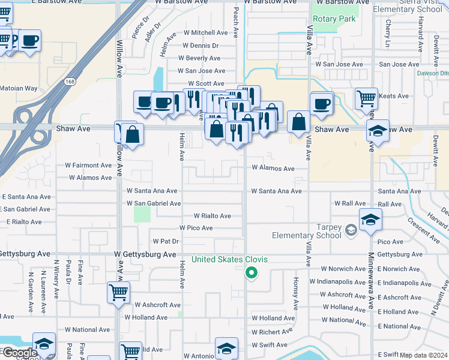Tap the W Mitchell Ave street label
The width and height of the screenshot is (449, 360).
tap(205, 32)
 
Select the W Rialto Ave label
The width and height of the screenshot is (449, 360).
tap(212, 216)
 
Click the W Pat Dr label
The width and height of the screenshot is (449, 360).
tap(166, 241)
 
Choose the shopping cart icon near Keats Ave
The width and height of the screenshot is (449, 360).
tap(366, 98)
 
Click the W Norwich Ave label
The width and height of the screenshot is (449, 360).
tap(343, 269)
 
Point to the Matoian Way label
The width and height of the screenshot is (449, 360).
tap(19, 89)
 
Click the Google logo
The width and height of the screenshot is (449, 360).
tap(19, 353)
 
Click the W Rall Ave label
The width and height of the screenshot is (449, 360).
tap(351, 204)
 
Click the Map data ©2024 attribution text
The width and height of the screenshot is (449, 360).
tap(423, 355)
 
